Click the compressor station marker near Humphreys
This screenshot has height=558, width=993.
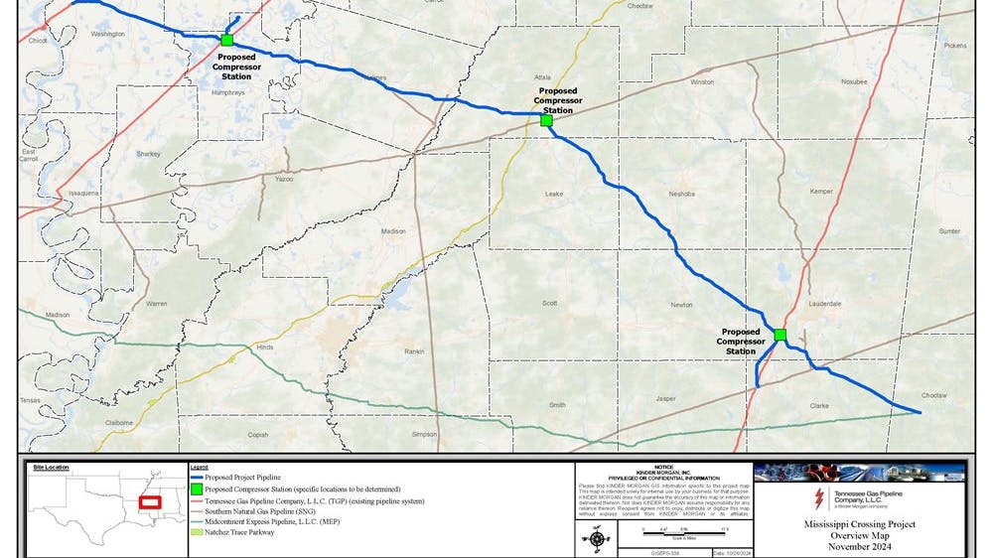pyautogui.click(x=227, y=41)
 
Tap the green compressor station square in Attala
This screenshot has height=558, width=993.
pyautogui.click(x=546, y=120)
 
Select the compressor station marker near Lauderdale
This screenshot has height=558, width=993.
pyautogui.click(x=780, y=335)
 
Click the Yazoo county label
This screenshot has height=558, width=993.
pyautogui.click(x=285, y=180)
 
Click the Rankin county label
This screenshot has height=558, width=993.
pyautogui.click(x=415, y=352)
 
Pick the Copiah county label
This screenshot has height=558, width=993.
pyautogui.click(x=258, y=434)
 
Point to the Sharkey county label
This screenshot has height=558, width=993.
pyautogui.click(x=148, y=154)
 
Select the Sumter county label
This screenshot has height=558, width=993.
pyautogui.click(x=950, y=231)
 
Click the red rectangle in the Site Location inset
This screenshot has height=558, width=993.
pyautogui.click(x=150, y=502)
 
